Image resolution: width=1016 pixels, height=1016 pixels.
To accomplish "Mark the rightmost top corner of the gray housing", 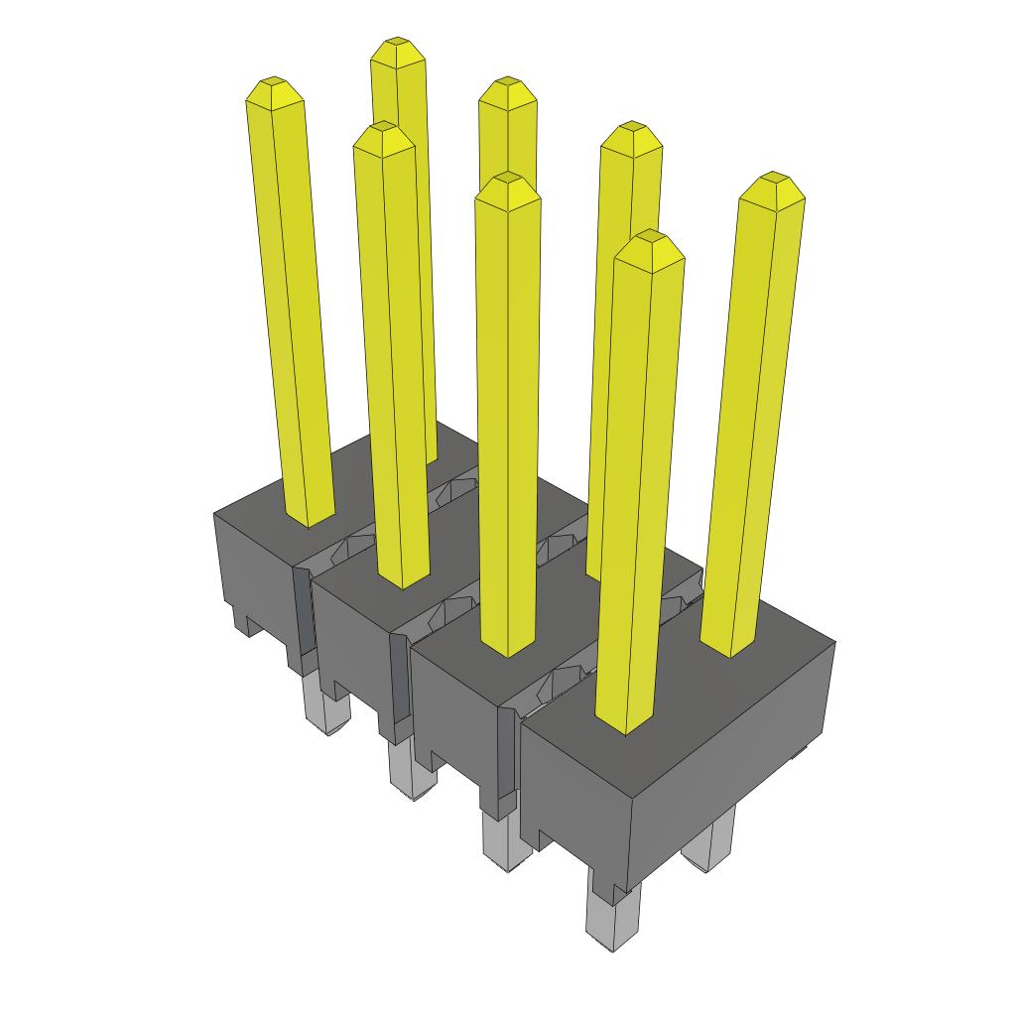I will coord(834,642).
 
